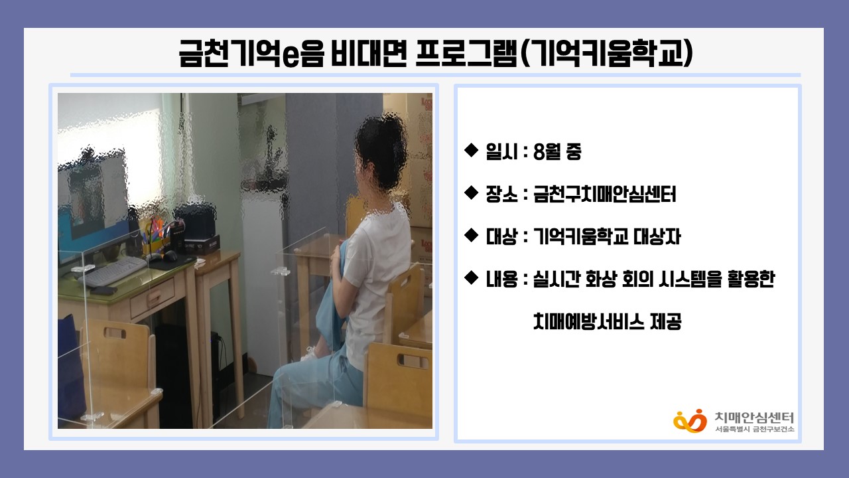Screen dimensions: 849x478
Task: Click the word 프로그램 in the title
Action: pyautogui.click(x=466, y=54)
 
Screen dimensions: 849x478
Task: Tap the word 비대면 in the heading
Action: pyautogui.click(x=369, y=54)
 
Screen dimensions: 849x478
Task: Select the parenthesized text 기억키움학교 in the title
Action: pyautogui.click(x=606, y=54)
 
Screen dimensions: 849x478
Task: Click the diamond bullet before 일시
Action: pyautogui.click(x=471, y=150)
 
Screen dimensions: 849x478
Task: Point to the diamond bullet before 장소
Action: pyautogui.click(x=471, y=193)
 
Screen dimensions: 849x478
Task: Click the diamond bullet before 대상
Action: pyautogui.click(x=471, y=235)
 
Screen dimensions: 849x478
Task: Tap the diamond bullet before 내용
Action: pyautogui.click(x=471, y=278)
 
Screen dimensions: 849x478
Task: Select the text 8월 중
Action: pyautogui.click(x=556, y=151)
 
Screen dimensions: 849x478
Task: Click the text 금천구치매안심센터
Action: pyautogui.click(x=604, y=194)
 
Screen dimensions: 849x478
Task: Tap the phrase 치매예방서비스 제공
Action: pyautogui.click(x=607, y=321)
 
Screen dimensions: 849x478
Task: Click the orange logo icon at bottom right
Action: pyautogui.click(x=690, y=421)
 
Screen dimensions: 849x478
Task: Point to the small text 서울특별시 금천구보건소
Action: pyautogui.click(x=755, y=429)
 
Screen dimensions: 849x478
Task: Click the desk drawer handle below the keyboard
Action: pyautogui.click(x=154, y=298)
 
